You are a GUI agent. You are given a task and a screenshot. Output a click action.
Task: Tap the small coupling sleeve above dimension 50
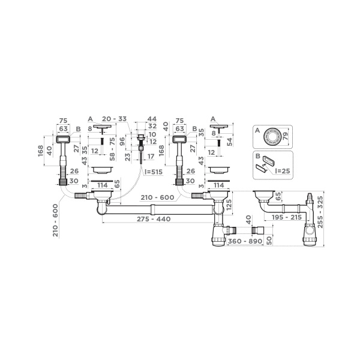(x=259, y=230)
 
